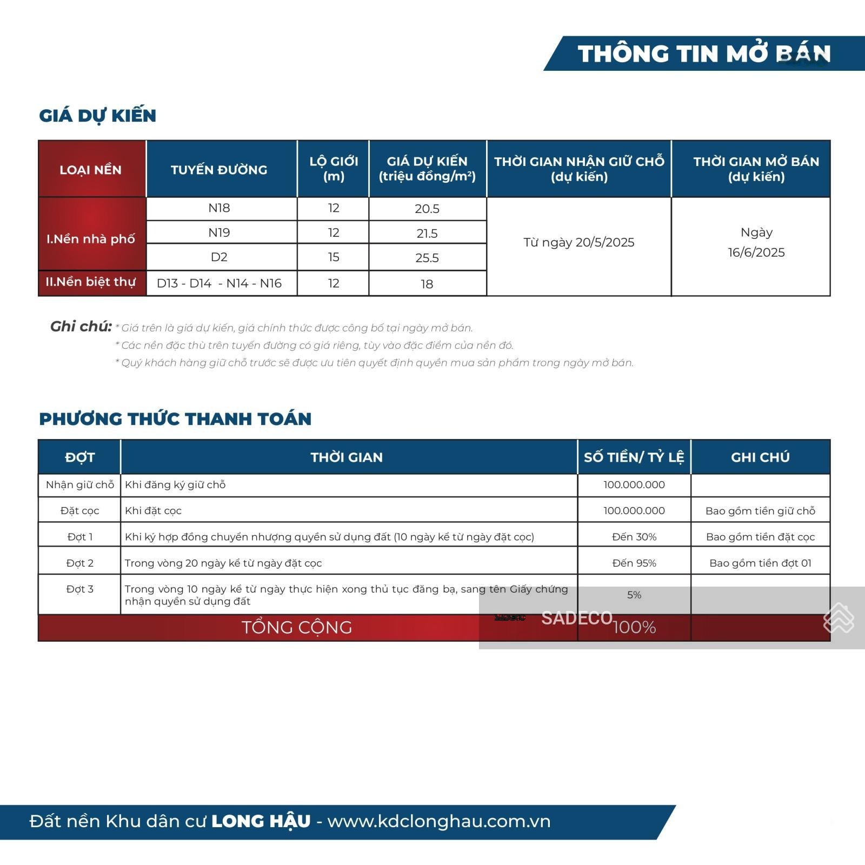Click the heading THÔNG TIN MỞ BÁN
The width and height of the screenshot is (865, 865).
tap(704, 54)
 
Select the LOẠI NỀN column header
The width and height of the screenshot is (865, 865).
tap(90, 170)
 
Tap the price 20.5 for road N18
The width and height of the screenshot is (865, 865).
tap(427, 209)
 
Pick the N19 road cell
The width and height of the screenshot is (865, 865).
tap(219, 232)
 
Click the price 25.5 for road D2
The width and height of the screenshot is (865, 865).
tap(427, 258)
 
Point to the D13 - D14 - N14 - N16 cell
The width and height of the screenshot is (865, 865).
tap(219, 283)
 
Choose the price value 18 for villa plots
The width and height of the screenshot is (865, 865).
tap(427, 284)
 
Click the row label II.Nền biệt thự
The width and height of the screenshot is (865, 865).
tap(90, 282)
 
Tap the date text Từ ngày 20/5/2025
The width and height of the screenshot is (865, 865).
tap(578, 242)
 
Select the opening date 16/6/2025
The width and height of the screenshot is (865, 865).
tap(756, 252)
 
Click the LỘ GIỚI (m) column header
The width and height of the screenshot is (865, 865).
tap(334, 169)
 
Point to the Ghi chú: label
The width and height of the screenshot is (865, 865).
tap(81, 327)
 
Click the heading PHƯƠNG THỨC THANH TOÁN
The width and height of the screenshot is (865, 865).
tap(175, 419)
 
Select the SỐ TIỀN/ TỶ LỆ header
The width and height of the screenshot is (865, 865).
tap(634, 457)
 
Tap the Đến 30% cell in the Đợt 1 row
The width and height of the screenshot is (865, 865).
tap(634, 537)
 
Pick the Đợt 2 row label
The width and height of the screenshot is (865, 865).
tap(79, 563)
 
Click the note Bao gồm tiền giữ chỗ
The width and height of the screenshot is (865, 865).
tap(760, 511)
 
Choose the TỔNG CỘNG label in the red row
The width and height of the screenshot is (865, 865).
tap(296, 627)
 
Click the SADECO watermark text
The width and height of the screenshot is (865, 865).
tap(576, 618)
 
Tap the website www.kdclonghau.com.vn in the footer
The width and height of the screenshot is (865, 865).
tap(438, 821)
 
